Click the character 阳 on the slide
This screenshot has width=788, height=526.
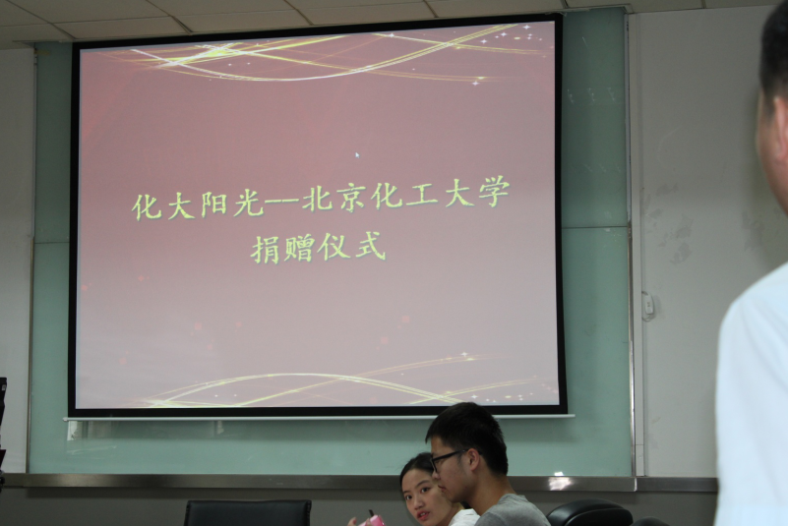pyautogui.click(x=214, y=205)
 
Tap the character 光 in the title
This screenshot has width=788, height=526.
pyautogui.click(x=249, y=204)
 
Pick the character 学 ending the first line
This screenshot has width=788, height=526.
pyautogui.click(x=494, y=193)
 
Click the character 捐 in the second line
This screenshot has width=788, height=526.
pyautogui.click(x=266, y=250)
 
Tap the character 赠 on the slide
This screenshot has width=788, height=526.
pyautogui.click(x=299, y=248)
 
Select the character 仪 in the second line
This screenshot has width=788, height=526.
pyautogui.click(x=334, y=247)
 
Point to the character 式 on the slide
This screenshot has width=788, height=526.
pyautogui.click(x=370, y=246)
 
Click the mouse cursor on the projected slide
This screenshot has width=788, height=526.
pyautogui.click(x=357, y=155)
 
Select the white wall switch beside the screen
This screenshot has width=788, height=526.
pyautogui.click(x=648, y=305)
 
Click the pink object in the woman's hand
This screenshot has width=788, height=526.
pyautogui.click(x=373, y=519)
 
